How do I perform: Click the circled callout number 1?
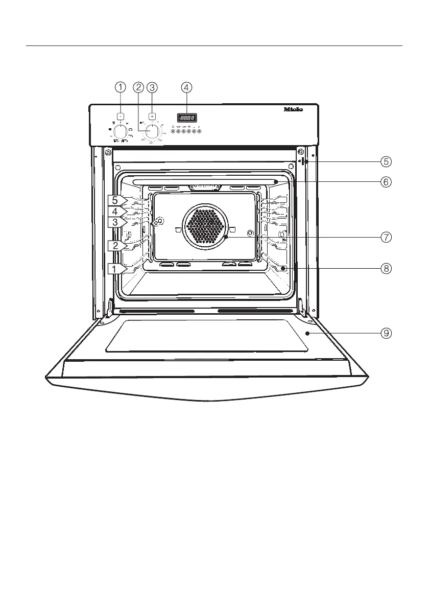point(120,87)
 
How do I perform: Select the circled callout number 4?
point(187,87)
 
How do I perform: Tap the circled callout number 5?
point(386,161)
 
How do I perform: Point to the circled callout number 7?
point(386,237)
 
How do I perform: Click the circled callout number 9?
point(386,333)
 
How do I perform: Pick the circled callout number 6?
point(386,181)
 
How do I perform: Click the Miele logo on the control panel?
point(293,109)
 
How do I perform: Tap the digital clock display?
point(187,117)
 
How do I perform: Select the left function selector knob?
point(120,131)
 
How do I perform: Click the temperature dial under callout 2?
point(152,131)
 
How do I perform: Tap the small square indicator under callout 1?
point(120,116)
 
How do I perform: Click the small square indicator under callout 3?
point(152,116)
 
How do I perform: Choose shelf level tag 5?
point(116,200)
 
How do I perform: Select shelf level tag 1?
point(116,269)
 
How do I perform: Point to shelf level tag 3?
point(116,222)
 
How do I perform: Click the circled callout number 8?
point(386,268)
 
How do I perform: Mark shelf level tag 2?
point(116,246)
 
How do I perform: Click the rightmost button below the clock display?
point(199,131)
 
